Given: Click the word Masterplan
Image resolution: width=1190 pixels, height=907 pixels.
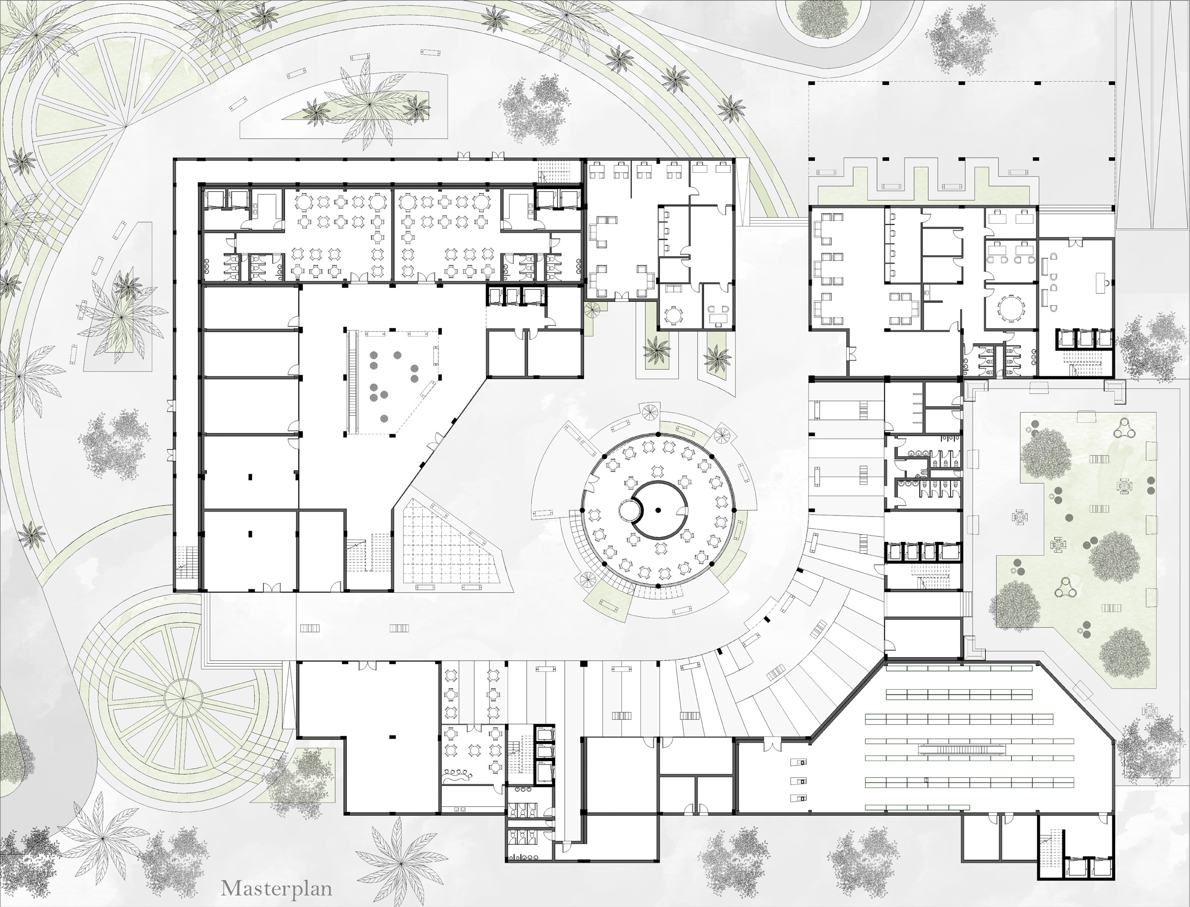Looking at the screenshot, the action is (276, 888).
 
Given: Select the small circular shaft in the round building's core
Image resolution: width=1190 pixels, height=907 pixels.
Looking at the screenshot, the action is (629, 510).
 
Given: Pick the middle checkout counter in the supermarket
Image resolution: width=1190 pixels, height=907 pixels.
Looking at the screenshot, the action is (799, 781).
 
